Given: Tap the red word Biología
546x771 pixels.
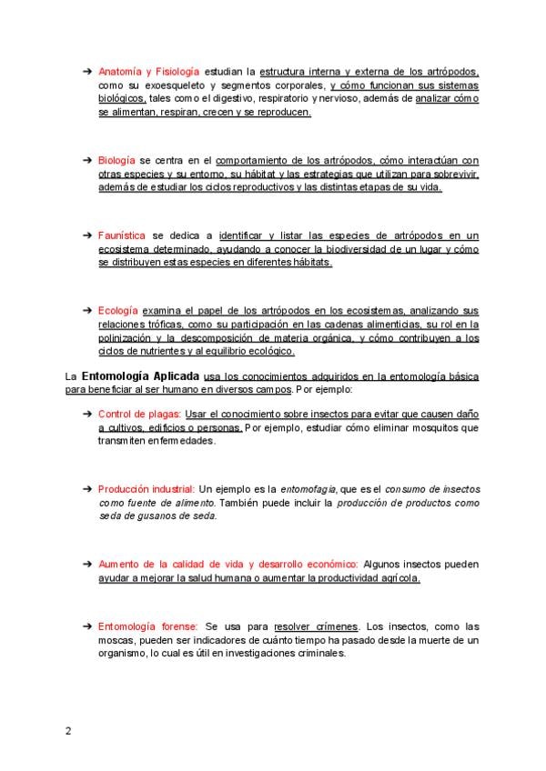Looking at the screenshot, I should click(117, 159).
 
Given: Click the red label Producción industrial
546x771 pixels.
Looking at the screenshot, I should click(147, 488).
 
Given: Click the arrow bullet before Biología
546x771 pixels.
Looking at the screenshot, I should click(87, 159).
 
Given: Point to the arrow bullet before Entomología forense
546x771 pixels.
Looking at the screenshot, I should click(87, 626).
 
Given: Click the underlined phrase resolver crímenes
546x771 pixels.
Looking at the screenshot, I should click(317, 626).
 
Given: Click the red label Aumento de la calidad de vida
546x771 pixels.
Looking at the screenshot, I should click(191, 564).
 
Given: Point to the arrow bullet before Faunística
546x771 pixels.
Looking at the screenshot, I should click(87, 235).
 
